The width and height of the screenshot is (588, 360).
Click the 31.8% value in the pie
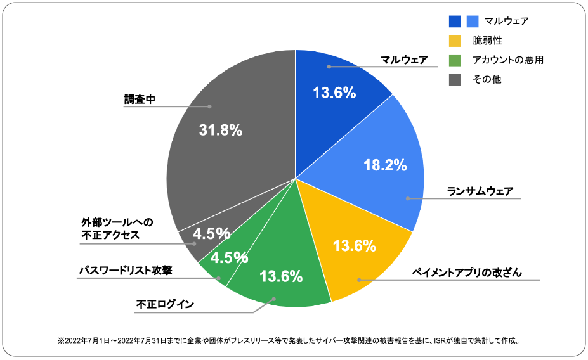tap(221, 131)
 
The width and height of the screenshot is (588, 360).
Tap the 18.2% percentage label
tap(385, 166)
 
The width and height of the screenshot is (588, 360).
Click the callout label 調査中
tap(140, 100)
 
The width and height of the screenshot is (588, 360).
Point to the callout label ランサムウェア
tap(480, 191)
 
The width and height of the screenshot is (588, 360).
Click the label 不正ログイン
tap(165, 304)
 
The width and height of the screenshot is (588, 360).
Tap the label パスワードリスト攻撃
tap(126, 270)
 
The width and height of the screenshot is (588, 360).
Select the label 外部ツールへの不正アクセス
tap(118, 229)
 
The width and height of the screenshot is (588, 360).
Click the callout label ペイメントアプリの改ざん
tap(467, 273)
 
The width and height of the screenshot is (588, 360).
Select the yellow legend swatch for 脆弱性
tap(455, 41)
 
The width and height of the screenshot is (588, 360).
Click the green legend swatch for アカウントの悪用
tap(455, 60)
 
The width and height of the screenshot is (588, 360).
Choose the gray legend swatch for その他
tap(455, 79)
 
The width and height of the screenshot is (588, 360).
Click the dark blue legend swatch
tap(455, 22)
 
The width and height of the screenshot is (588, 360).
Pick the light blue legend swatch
tap(473, 22)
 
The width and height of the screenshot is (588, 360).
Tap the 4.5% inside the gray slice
tap(211, 233)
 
